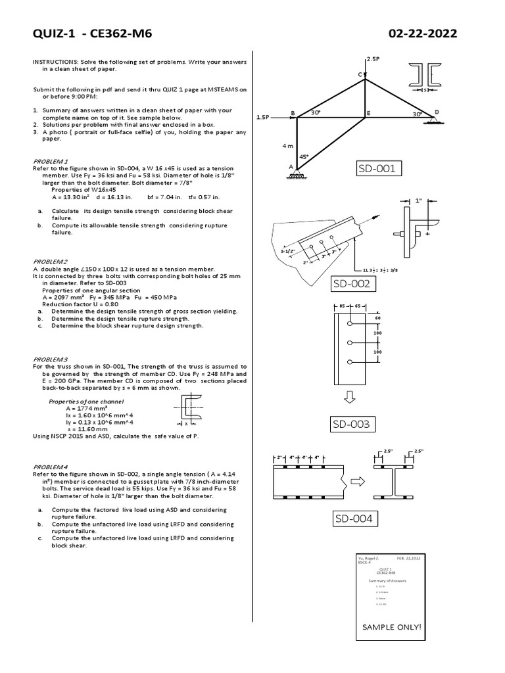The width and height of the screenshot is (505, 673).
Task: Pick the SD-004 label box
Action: pos(354,519)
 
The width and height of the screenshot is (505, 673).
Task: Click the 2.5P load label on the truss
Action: pos(373,59)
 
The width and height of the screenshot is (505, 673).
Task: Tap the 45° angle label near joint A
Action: pos(304,157)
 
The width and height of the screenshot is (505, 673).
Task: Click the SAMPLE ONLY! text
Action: pos(391,627)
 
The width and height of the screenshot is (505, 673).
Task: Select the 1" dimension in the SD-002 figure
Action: pos(418,200)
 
